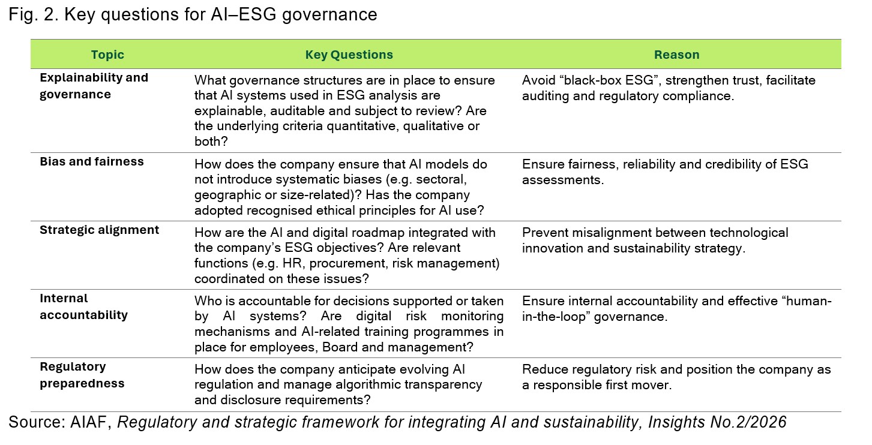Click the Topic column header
[x=107, y=55]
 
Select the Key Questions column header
[x=349, y=55]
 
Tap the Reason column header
[x=676, y=55]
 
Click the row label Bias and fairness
[x=92, y=161]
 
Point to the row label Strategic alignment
[x=99, y=230]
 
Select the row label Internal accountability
[x=83, y=306]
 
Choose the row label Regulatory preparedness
[x=82, y=375]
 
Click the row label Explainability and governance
[x=94, y=86]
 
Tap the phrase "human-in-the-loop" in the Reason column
[x=676, y=308]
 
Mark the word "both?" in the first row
[x=211, y=141]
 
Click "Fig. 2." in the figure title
[x=34, y=15]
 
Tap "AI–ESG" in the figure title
[x=243, y=14]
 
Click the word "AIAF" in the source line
[x=88, y=422]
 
